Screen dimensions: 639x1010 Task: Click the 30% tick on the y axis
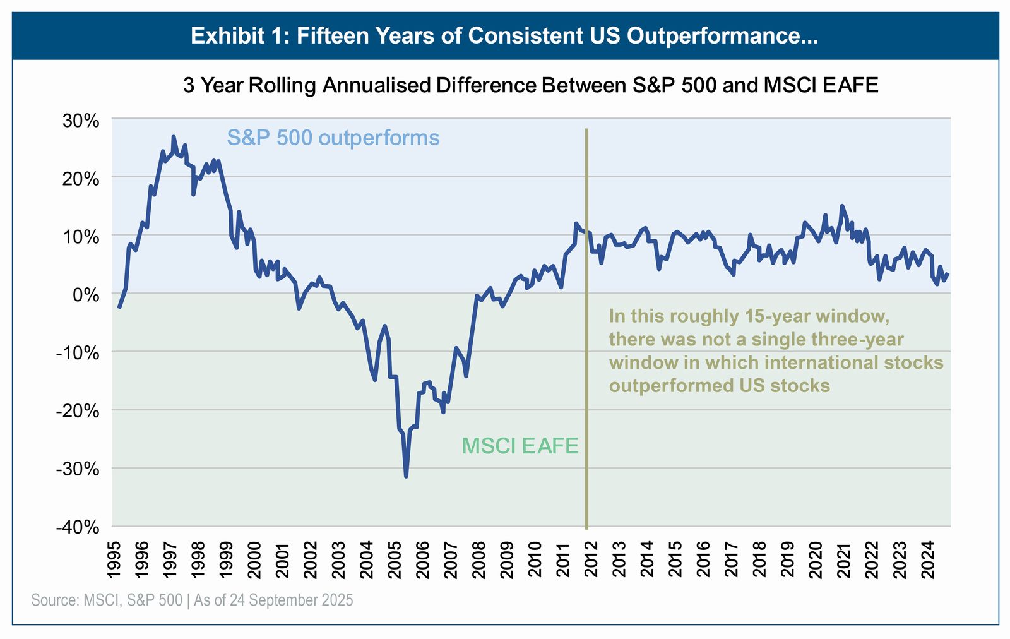(x=81, y=121)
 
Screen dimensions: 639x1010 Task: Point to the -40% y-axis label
(x=78, y=527)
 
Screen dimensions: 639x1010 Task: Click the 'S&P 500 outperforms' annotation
(x=333, y=138)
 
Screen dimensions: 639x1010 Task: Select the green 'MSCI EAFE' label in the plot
(x=520, y=446)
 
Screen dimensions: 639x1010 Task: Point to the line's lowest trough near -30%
(x=406, y=476)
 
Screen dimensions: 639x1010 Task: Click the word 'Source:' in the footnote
(x=55, y=600)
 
